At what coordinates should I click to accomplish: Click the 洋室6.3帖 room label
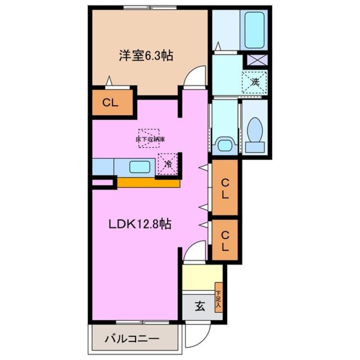coord(146,56)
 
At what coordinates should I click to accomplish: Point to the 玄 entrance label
coord(199,306)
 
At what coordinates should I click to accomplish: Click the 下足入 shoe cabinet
coord(219,298)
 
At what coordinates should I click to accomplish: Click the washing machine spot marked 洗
coord(254,82)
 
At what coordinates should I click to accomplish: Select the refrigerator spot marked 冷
coord(168,163)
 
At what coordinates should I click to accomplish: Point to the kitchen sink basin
coord(139,166)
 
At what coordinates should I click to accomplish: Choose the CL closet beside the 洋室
coord(110,103)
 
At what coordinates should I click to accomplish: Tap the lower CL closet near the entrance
coord(224,240)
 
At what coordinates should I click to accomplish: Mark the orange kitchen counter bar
coord(149,183)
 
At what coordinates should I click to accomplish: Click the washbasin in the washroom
coord(224,145)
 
